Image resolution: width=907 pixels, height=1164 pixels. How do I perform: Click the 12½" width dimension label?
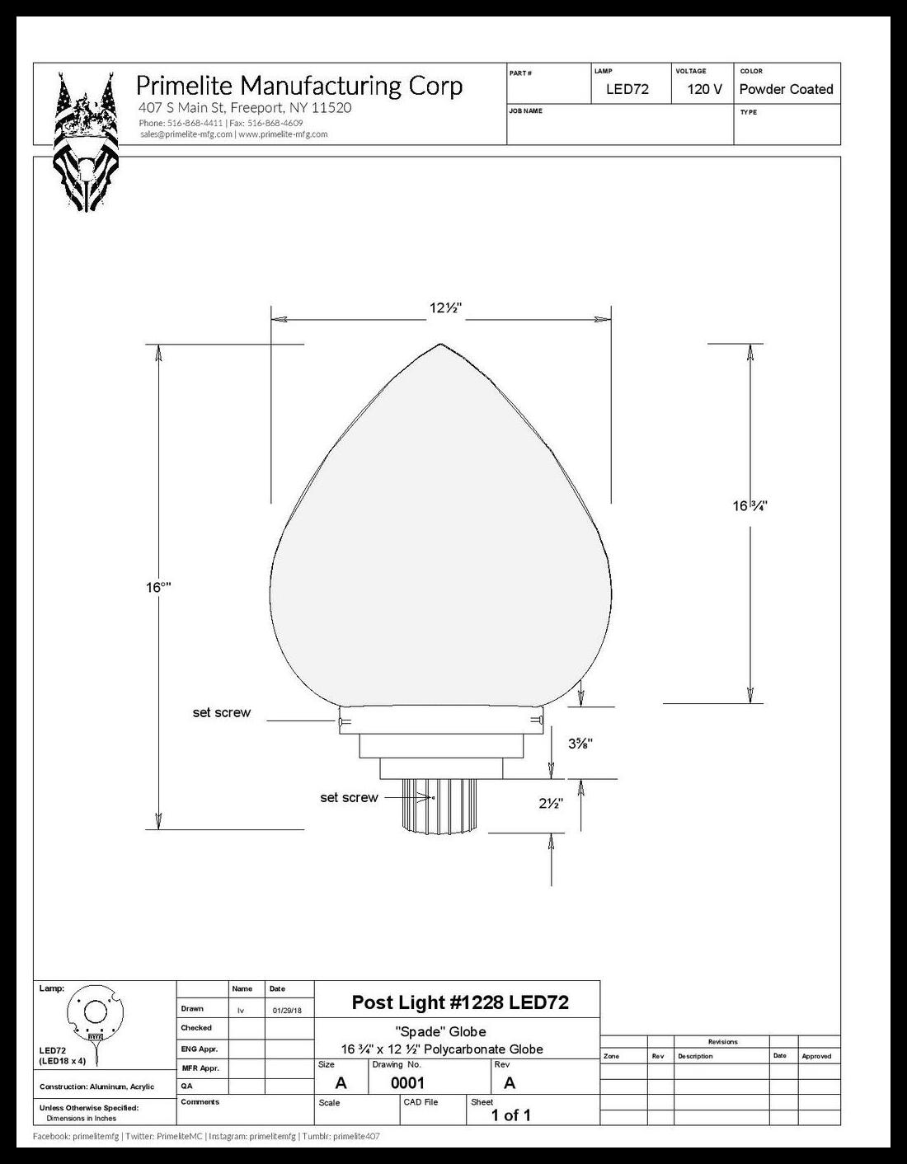click(446, 308)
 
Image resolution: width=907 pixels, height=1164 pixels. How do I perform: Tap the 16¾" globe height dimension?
click(750, 505)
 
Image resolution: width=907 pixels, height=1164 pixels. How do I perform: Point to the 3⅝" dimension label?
click(580, 743)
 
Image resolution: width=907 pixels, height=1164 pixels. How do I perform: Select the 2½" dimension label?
click(551, 803)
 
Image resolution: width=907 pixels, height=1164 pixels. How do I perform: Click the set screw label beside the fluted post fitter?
click(350, 798)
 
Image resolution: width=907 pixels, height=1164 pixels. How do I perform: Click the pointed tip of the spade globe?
click(440, 344)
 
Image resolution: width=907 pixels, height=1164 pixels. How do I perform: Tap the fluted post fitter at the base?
click(439, 805)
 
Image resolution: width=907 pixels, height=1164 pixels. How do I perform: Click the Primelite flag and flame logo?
click(87, 142)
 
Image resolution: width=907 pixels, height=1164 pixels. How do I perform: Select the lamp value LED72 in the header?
click(627, 90)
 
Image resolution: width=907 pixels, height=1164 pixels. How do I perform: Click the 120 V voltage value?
click(704, 90)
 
